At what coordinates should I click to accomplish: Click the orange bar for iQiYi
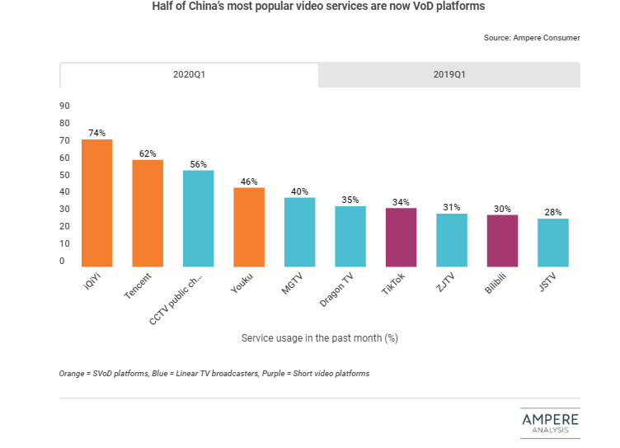pos(97,203)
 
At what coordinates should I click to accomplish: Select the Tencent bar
pos(148,213)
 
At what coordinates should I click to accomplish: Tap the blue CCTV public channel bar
pos(199,219)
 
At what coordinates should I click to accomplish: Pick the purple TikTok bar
pos(401,238)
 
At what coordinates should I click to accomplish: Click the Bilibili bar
pos(502,241)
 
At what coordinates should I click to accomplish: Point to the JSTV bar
pos(552,243)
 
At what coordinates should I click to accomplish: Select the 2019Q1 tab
pos(449,74)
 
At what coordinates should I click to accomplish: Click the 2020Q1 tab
pos(189,74)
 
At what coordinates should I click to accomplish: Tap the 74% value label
pos(97,132)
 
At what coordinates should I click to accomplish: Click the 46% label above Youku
pos(249,181)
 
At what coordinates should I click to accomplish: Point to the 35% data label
pos(350,199)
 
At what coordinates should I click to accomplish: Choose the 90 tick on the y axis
pos(64,106)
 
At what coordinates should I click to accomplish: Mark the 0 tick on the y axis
pos(61,262)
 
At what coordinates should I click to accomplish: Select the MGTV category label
pos(293,285)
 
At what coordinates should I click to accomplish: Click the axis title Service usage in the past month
pos(320,338)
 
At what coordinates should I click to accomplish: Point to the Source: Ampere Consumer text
pos(532,38)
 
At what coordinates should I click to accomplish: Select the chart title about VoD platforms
pos(318,7)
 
